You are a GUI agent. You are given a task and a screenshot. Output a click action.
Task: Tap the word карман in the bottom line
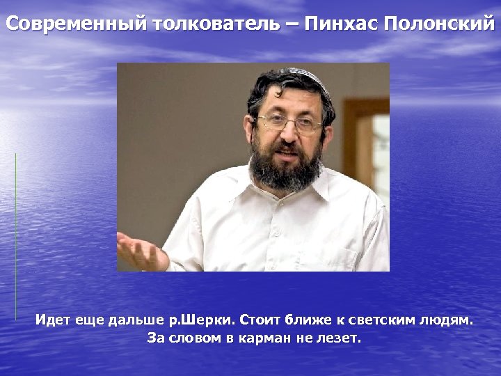pos(265,339)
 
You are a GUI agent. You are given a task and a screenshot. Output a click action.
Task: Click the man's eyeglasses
pos(288,124)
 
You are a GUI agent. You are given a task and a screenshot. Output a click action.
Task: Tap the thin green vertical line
pos(15,237)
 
